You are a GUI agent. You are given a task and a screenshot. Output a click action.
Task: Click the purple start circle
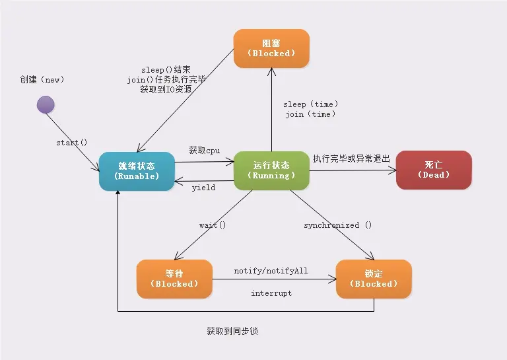tap(45, 104)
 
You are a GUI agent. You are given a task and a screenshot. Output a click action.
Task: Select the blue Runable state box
tap(137, 170)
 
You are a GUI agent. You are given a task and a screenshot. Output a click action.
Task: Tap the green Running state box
tap(271, 170)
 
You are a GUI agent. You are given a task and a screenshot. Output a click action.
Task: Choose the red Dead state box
tap(434, 170)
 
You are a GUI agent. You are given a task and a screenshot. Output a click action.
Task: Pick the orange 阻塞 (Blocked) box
tap(271, 48)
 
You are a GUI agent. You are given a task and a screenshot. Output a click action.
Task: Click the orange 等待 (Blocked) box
tap(174, 278)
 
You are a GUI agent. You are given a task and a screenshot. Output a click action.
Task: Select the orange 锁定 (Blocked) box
tap(374, 278)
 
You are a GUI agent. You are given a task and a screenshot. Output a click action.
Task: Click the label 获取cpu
tap(205, 150)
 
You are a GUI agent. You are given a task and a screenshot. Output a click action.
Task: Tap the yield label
tap(203, 188)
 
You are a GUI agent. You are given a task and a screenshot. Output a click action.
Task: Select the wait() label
tap(213, 225)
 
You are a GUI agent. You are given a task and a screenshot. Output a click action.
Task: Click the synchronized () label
tap(338, 225)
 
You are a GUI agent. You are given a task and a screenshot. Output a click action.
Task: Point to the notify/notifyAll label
tap(271, 271)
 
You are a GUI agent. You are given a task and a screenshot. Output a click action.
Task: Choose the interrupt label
tap(271, 293)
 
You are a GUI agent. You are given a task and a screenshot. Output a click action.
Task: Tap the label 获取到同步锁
tap(232, 331)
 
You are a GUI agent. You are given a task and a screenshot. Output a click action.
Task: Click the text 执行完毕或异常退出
tap(352, 159)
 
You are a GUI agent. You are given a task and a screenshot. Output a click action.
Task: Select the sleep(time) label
tap(311, 104)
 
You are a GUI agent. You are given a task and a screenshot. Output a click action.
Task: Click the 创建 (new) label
tap(42, 80)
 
